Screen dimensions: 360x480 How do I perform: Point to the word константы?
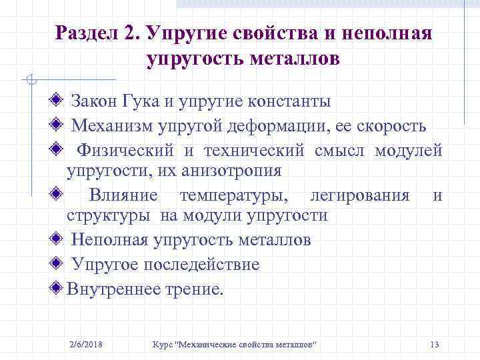pyautogui.click(x=289, y=102)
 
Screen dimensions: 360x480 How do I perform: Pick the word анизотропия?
pyautogui.click(x=231, y=171)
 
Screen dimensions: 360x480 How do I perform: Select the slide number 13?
pyautogui.click(x=435, y=344)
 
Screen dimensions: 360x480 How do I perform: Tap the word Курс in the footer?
pyautogui.click(x=163, y=344)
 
